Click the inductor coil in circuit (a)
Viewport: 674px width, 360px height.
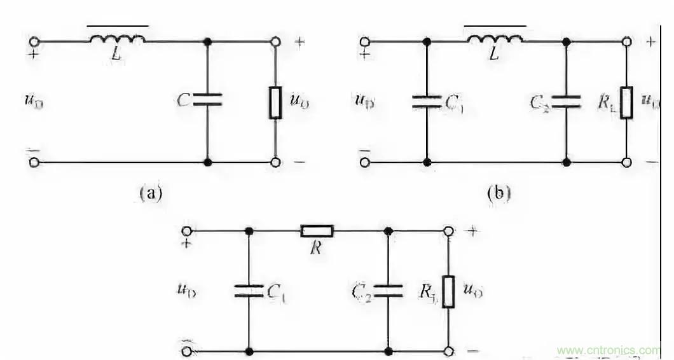click(117, 40)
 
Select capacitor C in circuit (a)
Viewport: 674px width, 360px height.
click(208, 99)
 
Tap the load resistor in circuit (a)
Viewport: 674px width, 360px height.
click(275, 102)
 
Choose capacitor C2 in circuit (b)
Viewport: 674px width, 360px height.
click(566, 101)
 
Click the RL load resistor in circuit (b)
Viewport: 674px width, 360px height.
click(626, 102)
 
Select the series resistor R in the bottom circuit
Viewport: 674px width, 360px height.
click(317, 230)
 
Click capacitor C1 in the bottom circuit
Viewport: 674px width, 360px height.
click(249, 291)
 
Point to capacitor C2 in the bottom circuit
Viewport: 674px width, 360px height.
click(388, 291)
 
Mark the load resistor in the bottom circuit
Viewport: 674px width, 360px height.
click(448, 291)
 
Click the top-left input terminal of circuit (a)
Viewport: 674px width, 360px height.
click(34, 41)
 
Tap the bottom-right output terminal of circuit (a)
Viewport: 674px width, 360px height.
click(275, 162)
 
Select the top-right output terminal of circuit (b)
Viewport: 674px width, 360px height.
click(626, 41)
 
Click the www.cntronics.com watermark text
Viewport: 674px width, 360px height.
click(608, 350)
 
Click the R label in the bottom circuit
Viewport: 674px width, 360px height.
click(316, 248)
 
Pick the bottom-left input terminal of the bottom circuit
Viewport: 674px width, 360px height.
click(187, 350)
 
